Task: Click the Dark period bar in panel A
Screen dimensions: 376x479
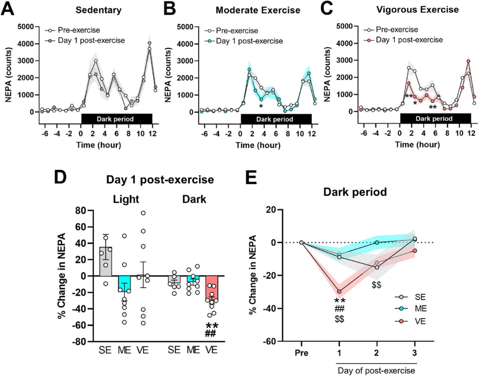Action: click(x=117, y=119)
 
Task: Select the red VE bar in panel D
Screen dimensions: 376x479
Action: click(x=212, y=288)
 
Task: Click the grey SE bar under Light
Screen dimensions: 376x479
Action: click(x=106, y=262)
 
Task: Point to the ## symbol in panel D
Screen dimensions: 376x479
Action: click(x=210, y=334)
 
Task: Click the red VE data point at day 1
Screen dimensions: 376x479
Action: click(x=339, y=291)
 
